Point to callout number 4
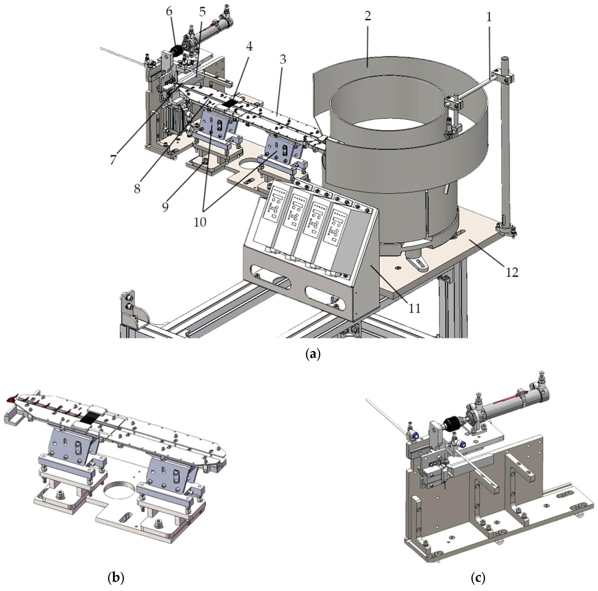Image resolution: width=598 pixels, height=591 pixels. pos(249,46)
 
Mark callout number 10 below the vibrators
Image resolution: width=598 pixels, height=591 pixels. pos(200,222)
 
